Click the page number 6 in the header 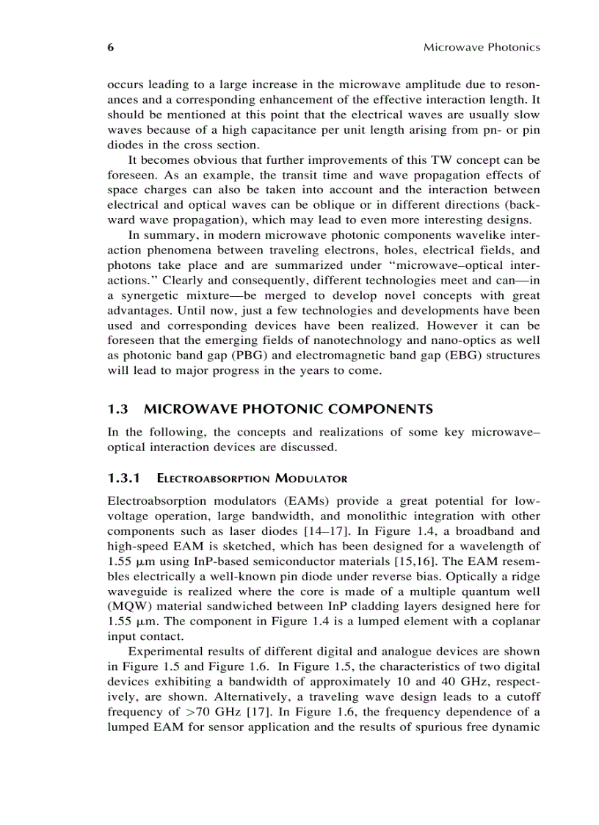[111, 47]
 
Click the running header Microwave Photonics [482, 47]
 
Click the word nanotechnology [357, 340]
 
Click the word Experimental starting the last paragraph [164, 652]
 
